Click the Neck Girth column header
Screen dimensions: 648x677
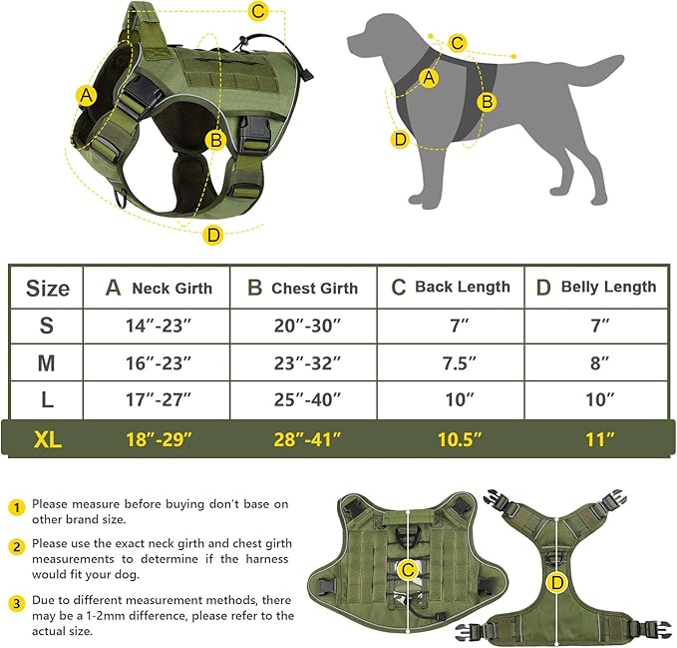(x=159, y=288)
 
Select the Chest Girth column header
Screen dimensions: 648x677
(x=302, y=288)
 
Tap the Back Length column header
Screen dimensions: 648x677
(x=450, y=287)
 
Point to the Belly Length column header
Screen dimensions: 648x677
(x=596, y=287)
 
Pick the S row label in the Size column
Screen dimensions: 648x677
(x=46, y=325)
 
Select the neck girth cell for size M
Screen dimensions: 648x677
(x=157, y=363)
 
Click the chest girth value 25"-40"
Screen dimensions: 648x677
(x=303, y=400)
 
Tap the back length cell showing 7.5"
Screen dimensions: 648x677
(x=450, y=363)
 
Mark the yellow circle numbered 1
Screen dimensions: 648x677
(x=16, y=506)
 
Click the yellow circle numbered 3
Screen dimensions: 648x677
(x=16, y=604)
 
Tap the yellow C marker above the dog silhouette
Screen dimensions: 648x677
(x=458, y=43)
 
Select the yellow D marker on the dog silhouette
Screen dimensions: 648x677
(x=400, y=140)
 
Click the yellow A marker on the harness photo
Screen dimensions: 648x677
(x=87, y=96)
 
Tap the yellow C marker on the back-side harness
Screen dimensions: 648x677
(x=407, y=570)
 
